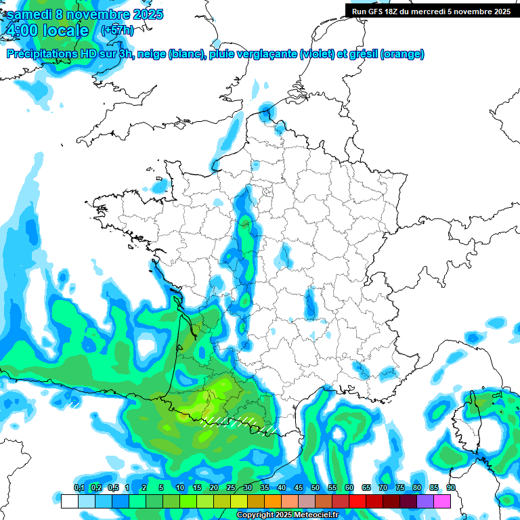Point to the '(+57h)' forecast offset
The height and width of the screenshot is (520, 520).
pos(117,30)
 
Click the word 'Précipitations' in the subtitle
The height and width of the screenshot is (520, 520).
pos(41,54)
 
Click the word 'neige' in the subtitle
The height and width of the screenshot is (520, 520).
pos(152,54)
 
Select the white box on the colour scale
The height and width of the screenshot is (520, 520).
pos(69,501)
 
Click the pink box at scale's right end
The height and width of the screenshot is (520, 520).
pos(442,501)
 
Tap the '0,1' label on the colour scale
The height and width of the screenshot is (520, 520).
pos(79,488)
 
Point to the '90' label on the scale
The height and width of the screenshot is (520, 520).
pos(451,488)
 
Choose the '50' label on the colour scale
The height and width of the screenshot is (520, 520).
pos(316,488)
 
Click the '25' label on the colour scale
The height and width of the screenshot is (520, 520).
pos(231,488)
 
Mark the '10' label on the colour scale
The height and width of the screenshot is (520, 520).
pos(180,488)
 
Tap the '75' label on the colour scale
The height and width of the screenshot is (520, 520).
pos(400,488)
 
